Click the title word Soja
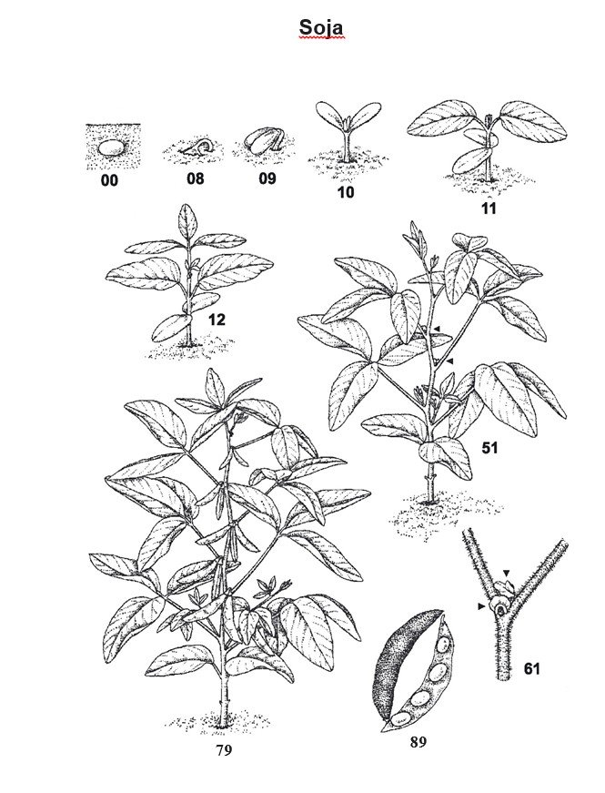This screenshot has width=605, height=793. pos(321,28)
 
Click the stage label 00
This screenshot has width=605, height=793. pos(110,180)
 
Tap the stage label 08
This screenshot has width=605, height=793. pos(195,178)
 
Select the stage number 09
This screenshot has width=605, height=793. pos(267,178)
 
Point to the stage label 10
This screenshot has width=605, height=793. pos(347,192)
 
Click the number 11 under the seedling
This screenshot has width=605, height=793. pos(489,208)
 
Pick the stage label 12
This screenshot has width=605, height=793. pos(217,320)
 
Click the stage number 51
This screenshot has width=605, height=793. pos(489,448)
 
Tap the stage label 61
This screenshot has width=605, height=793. pos(531,668)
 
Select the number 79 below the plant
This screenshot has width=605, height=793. pos(224,750)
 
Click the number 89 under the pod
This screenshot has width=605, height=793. pos(418,742)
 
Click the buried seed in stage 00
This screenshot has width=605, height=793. pos(111,148)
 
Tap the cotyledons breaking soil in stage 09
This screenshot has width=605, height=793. pos(263,141)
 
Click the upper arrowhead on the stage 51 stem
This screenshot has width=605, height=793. pos(438,329)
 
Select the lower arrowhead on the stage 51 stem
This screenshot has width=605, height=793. pos(449,361)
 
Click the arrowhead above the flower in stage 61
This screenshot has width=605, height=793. pos(507,572)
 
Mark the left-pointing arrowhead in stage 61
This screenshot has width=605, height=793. pos(482,605)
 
